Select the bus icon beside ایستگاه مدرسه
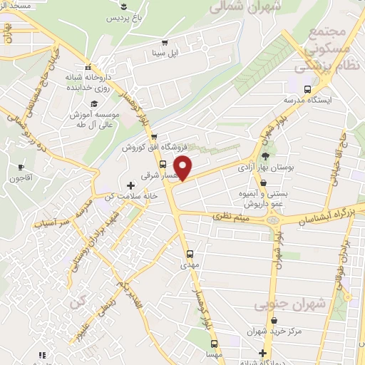pos(307,90)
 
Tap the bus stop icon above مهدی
pos(190,253)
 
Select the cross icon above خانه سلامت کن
pos(129,185)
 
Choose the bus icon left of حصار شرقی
pos(163,163)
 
